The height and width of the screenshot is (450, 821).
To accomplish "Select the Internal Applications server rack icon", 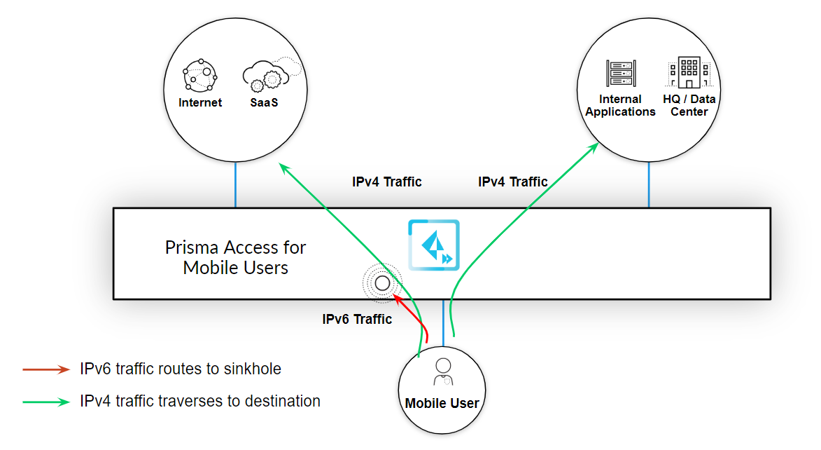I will (x=620, y=74).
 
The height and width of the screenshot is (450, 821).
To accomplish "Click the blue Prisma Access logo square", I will (x=434, y=245).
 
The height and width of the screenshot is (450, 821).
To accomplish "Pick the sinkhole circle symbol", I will (x=382, y=283).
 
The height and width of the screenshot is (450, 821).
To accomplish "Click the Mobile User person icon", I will (x=442, y=372).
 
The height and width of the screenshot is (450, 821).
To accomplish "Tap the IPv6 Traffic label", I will (x=357, y=320).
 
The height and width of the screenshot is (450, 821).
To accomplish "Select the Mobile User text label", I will (x=442, y=403).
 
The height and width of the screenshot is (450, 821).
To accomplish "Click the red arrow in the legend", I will (x=46, y=369).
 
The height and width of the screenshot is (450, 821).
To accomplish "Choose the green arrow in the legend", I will (x=46, y=402).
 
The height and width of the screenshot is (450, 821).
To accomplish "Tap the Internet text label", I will (x=200, y=102).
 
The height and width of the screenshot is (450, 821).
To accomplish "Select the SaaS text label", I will (x=265, y=102).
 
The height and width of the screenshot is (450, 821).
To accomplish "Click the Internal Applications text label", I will (x=620, y=106).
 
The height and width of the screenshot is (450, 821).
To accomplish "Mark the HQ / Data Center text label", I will (x=689, y=106).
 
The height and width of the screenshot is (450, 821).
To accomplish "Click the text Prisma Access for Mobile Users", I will (x=236, y=257).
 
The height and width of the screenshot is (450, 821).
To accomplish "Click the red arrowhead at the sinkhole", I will (x=398, y=299).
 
